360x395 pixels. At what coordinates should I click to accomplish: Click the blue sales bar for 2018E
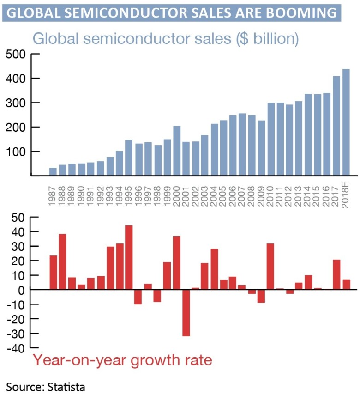pyautogui.click(x=346, y=122)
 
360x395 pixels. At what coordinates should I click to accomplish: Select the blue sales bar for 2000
pyautogui.click(x=177, y=151)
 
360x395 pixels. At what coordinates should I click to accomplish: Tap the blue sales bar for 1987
pyautogui.click(x=53, y=171)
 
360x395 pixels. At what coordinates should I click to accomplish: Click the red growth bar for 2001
pyautogui.click(x=186, y=313)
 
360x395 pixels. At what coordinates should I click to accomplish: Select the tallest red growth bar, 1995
pyautogui.click(x=129, y=257)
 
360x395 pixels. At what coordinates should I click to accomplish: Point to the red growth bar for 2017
pyautogui.click(x=336, y=274)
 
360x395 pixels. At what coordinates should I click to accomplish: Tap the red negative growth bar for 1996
pyautogui.click(x=138, y=297)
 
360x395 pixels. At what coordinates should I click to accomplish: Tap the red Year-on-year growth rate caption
pyautogui.click(x=123, y=360)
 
